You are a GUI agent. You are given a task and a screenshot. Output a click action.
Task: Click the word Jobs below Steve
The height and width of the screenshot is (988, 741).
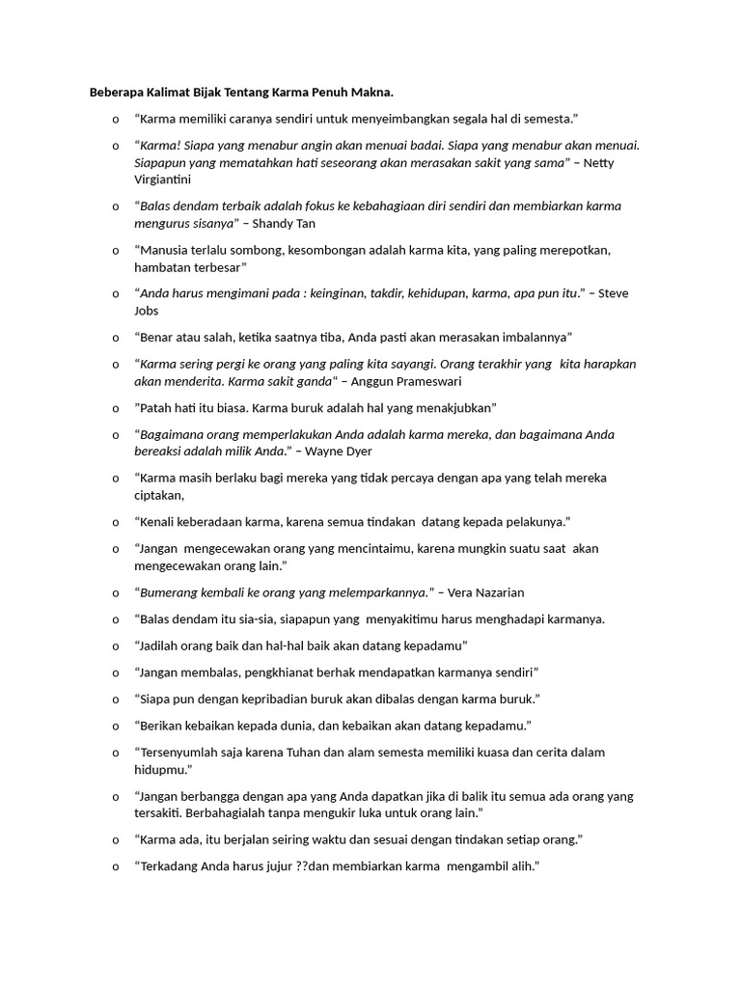(x=147, y=311)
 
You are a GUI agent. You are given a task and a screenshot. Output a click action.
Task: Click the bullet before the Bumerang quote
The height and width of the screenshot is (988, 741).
(x=114, y=592)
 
